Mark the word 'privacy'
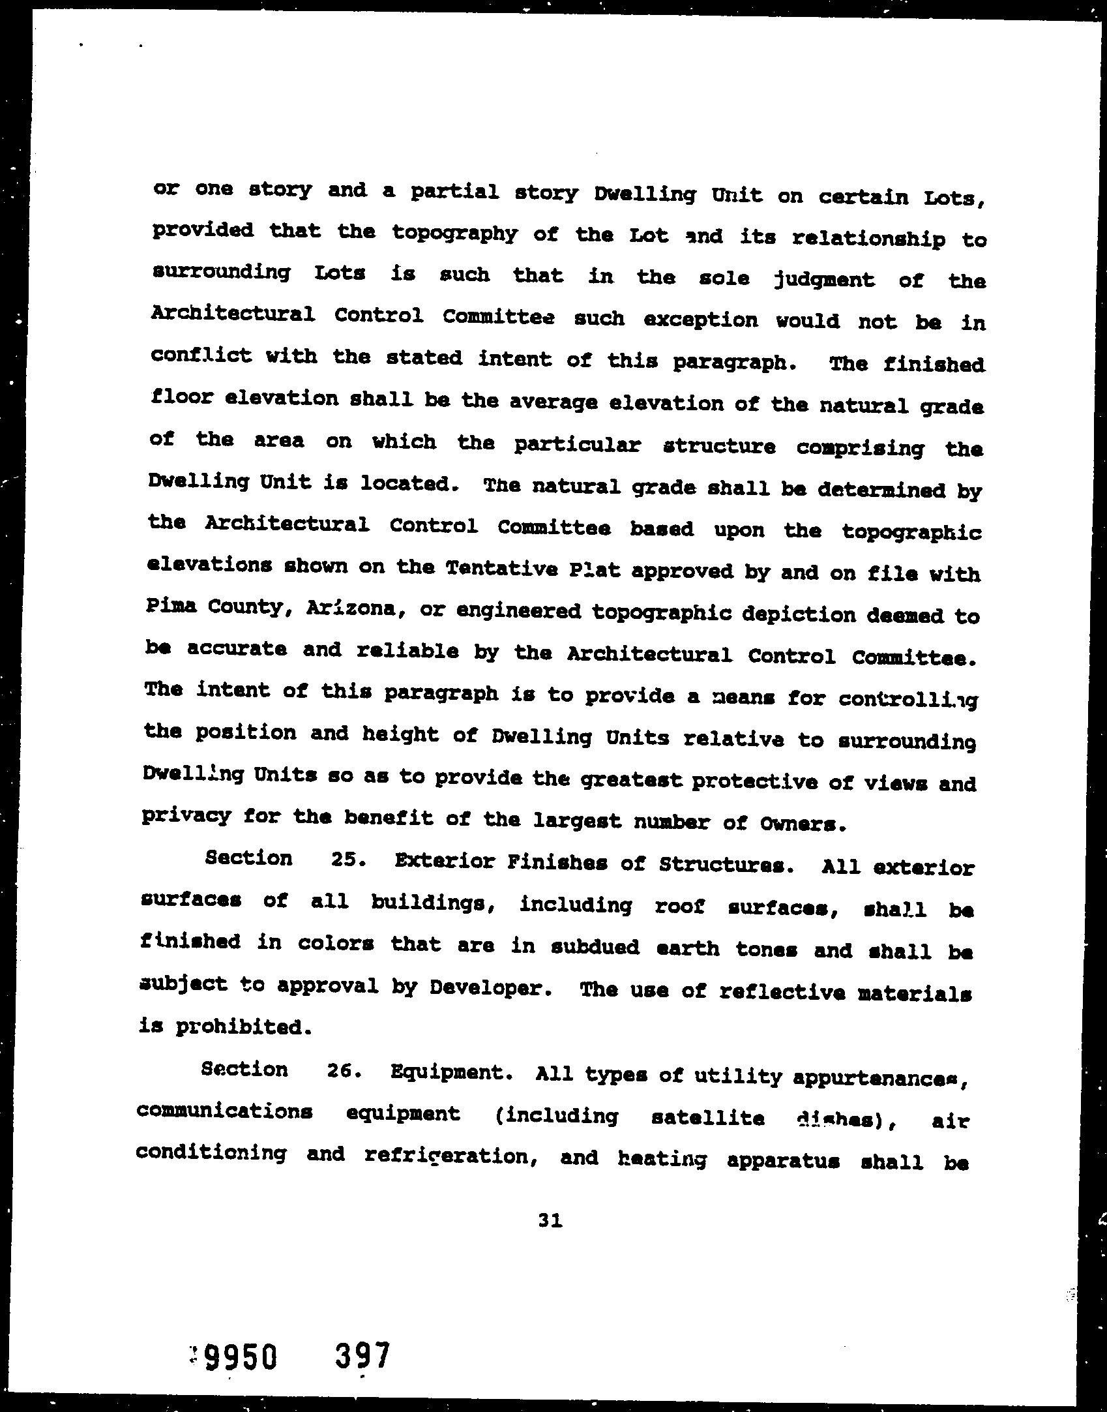point(186,816)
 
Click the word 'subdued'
point(595,947)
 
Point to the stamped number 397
point(362,1355)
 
